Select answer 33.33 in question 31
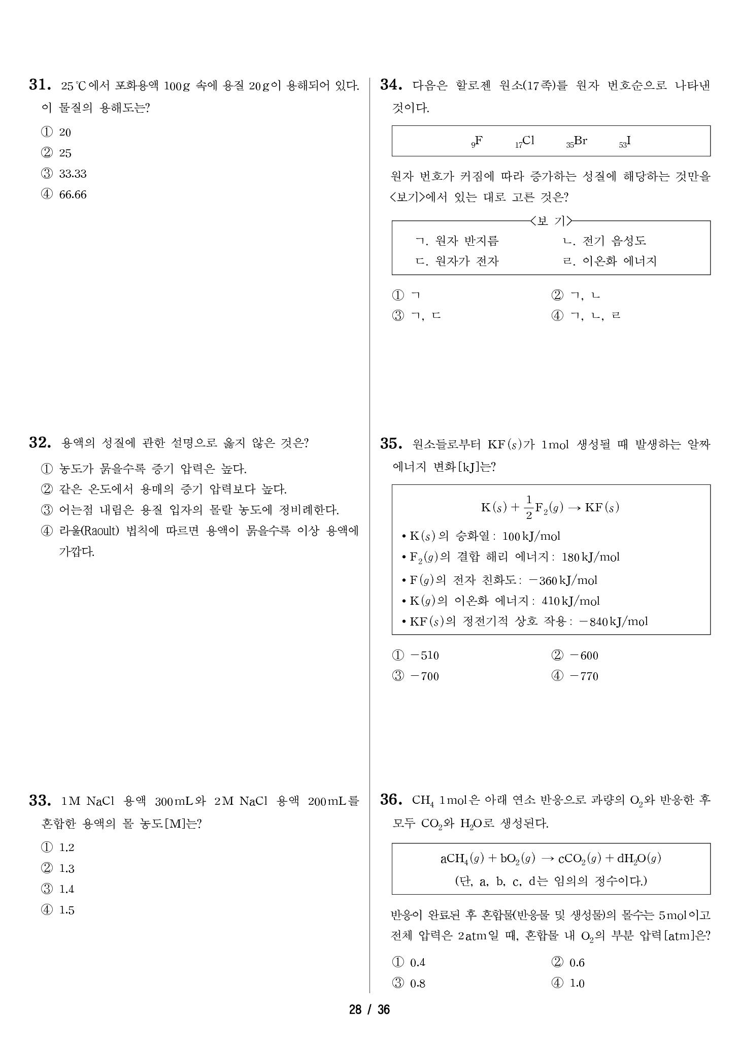tap(72, 174)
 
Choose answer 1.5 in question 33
tap(66, 910)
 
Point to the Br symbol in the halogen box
tap(580, 141)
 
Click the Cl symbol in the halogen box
tap(528, 141)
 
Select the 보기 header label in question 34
tap(551, 221)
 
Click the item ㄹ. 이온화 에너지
tap(610, 261)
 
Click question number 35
tap(391, 444)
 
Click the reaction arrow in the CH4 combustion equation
tap(547, 859)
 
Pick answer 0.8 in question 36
tap(417, 984)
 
